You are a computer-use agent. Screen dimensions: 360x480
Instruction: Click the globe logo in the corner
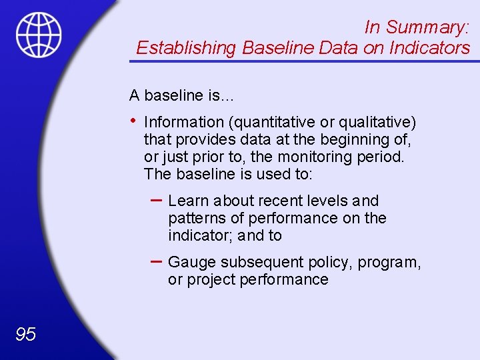click(39, 35)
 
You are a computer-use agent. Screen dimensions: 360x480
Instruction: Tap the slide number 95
click(25, 334)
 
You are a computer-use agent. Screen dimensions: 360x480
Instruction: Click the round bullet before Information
click(134, 121)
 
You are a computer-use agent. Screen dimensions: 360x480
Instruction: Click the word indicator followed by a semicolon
click(198, 235)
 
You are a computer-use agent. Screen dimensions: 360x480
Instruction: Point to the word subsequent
click(256, 263)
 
